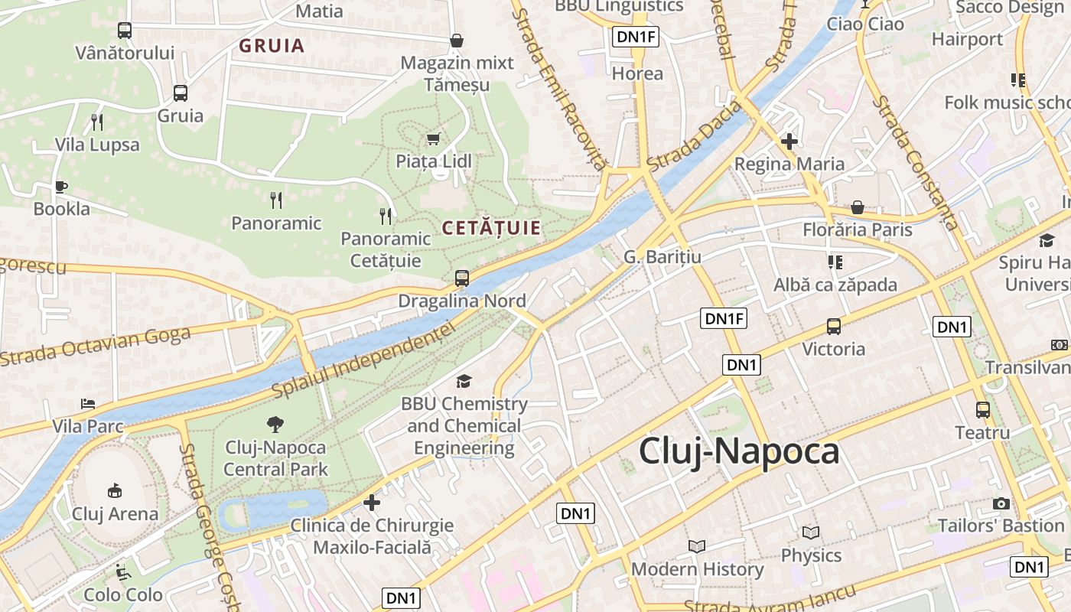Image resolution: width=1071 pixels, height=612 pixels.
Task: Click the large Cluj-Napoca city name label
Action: coord(739,451)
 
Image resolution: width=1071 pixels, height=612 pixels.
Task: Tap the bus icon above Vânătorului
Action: coord(125,31)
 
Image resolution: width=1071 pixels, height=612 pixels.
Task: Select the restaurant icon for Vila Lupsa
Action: coord(97,122)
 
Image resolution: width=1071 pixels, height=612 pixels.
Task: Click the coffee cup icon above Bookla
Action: coord(61,186)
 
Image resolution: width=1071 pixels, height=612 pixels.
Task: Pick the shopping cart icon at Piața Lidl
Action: coord(434,138)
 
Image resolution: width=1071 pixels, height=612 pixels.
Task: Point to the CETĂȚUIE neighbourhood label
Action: coord(491,228)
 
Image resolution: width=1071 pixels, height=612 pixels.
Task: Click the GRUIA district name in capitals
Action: coord(272,46)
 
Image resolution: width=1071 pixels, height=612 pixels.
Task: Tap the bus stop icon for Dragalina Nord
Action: coord(462,278)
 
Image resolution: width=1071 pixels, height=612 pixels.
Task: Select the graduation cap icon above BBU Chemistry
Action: coord(464,381)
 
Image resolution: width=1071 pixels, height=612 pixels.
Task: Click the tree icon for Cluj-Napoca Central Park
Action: coord(275,424)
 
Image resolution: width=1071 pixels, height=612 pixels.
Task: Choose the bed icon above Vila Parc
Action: coord(88,403)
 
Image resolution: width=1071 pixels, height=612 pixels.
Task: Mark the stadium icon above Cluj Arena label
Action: coord(115,490)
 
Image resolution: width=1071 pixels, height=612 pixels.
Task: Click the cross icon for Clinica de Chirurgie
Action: coord(372,503)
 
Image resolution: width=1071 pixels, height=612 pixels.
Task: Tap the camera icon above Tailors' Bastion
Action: coord(1001,503)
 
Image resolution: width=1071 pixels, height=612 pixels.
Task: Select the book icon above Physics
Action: coord(811,532)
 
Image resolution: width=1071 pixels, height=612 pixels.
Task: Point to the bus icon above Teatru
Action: coord(983,410)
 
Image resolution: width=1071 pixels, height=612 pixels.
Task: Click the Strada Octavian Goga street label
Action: coord(96,346)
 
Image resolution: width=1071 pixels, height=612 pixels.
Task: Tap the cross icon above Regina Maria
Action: coord(789,142)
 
